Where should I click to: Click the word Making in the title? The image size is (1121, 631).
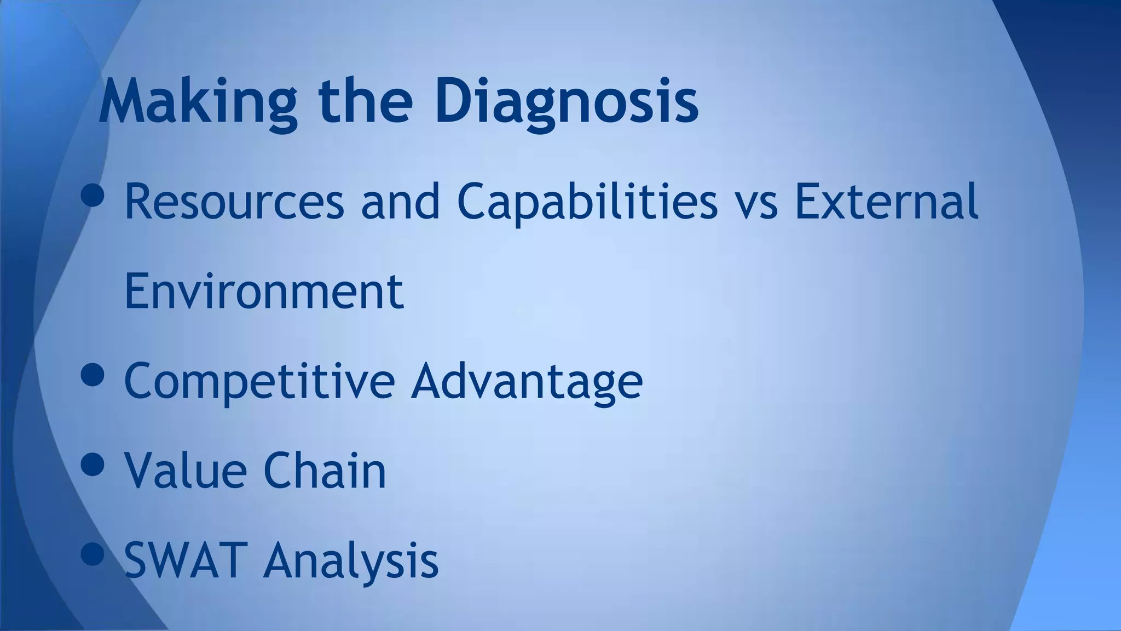[198, 102]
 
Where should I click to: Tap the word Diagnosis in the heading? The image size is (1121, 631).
[567, 102]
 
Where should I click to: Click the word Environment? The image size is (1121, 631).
[264, 291]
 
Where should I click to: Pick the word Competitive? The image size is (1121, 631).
[259, 381]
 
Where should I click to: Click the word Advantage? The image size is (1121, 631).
[527, 381]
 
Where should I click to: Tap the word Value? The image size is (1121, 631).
[186, 470]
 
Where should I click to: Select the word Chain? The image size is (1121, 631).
[325, 470]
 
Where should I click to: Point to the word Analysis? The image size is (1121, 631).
[351, 559]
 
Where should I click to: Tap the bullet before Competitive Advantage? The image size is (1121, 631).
[92, 375]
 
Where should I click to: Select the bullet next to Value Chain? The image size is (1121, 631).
[92, 464]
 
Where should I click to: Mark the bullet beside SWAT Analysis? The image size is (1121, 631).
[92, 554]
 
